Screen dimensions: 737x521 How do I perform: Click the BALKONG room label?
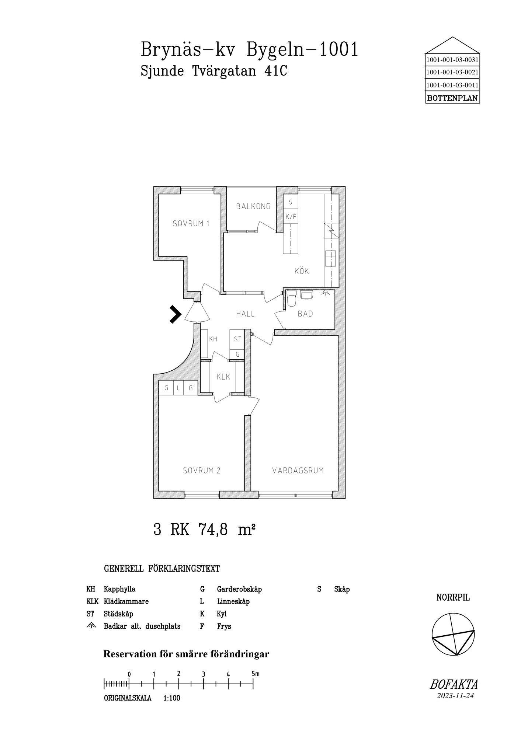click(253, 206)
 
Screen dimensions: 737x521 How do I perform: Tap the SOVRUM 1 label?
click(191, 223)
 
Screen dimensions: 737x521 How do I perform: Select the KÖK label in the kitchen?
click(302, 271)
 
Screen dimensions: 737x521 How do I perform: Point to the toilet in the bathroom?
click(291, 299)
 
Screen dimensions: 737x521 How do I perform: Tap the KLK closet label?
click(223, 377)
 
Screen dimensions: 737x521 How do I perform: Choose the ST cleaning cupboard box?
click(237, 339)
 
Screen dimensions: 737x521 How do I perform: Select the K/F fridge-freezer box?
click(291, 217)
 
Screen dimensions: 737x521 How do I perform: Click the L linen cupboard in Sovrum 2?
click(178, 388)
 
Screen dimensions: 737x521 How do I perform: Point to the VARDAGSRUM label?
click(298, 471)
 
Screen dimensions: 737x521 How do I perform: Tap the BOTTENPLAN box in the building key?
click(452, 98)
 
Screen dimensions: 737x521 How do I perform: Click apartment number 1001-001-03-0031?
click(452, 60)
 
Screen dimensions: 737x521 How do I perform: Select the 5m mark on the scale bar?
click(255, 674)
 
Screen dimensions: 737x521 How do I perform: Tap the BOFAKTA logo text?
click(454, 685)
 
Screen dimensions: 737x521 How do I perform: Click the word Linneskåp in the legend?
click(233, 601)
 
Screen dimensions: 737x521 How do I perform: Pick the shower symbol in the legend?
click(91, 625)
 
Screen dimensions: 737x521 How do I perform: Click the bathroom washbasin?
click(307, 294)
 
